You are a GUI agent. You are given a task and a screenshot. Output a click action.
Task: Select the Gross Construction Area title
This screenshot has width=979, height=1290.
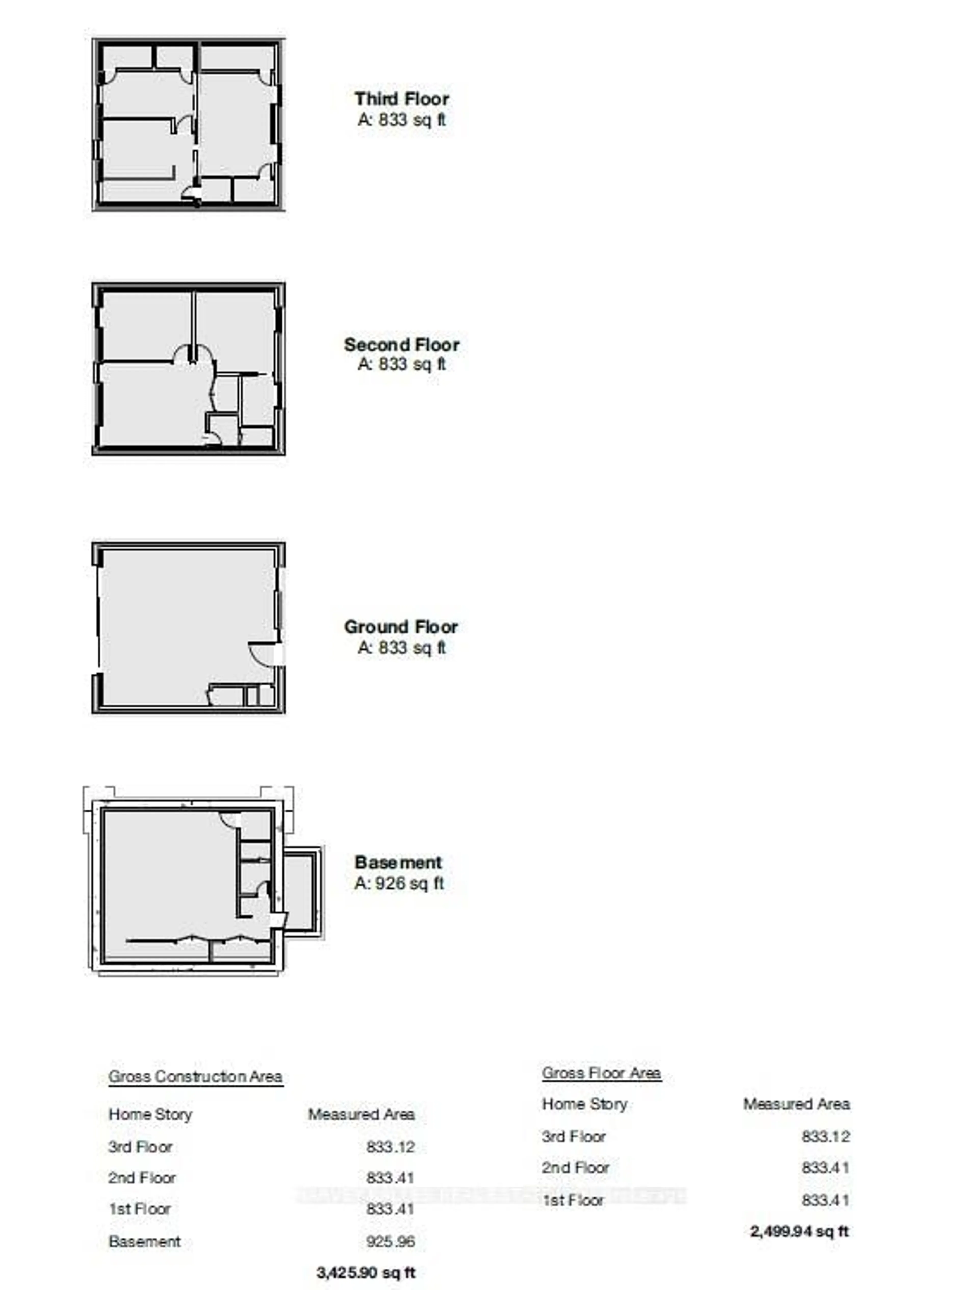point(196,1076)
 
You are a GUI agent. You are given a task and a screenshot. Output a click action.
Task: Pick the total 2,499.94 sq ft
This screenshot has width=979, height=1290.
point(799,1231)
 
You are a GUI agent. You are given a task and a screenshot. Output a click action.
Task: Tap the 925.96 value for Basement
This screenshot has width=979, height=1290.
point(390,1241)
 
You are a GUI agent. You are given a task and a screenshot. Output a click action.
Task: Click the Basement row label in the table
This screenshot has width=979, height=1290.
point(144,1241)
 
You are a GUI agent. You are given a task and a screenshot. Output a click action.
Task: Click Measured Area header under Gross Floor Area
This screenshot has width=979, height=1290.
point(796,1104)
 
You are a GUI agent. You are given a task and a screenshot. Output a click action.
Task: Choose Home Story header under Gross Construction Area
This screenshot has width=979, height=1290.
point(150,1114)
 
